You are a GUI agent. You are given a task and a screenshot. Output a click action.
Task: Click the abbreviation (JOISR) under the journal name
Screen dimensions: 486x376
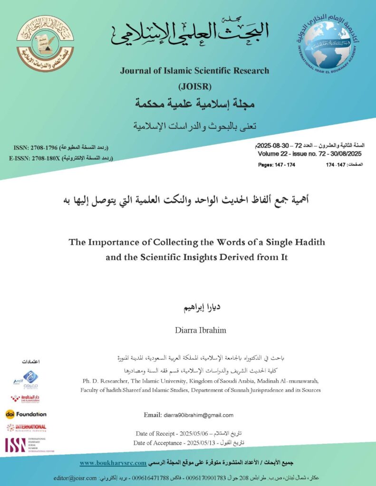[194, 86]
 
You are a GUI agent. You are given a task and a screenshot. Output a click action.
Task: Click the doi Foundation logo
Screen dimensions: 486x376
[26, 414]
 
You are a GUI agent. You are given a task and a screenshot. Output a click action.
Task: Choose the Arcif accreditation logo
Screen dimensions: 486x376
[25, 380]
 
